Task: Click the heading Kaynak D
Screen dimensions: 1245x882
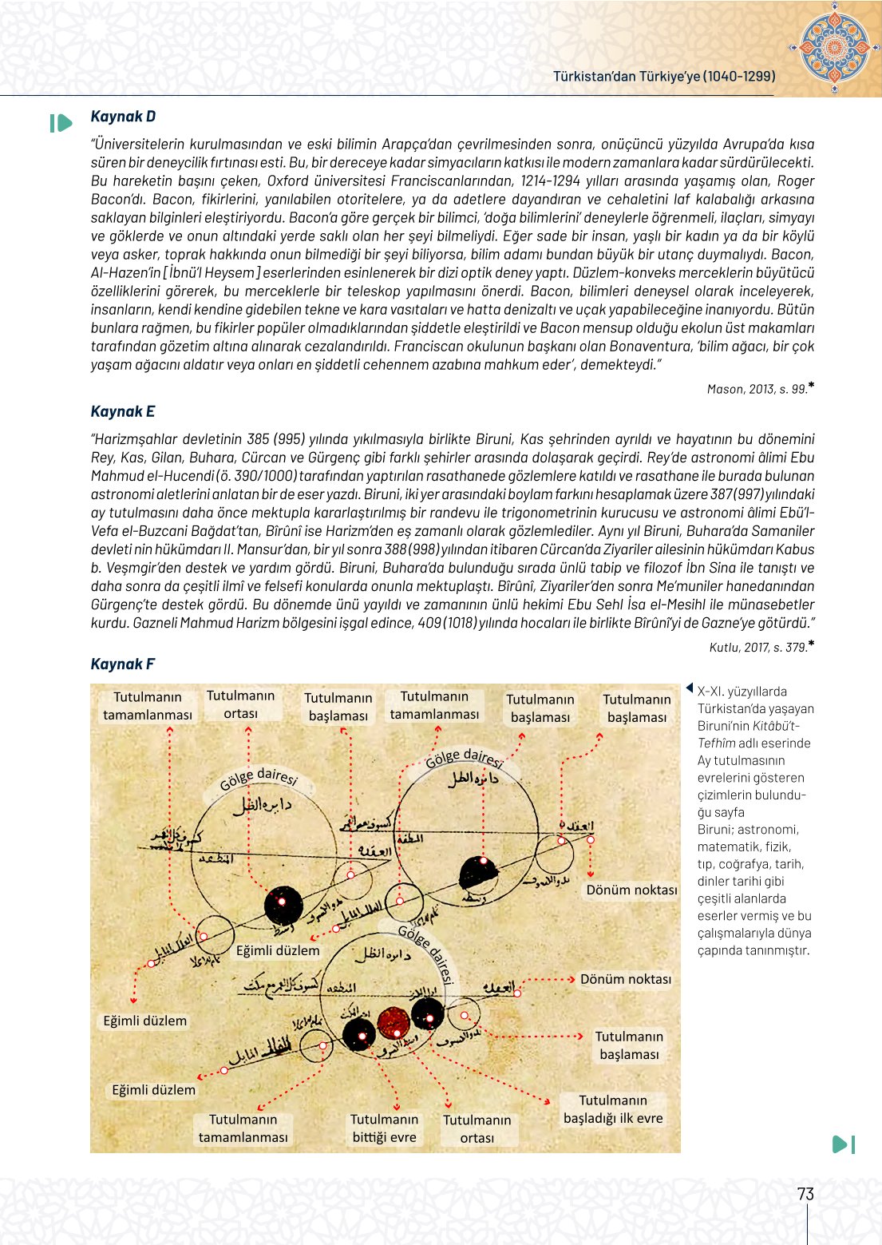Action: (123, 117)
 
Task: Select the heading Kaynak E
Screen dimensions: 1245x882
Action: (123, 412)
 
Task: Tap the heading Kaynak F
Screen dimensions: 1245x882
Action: (123, 664)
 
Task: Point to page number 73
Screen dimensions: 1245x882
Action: (805, 1194)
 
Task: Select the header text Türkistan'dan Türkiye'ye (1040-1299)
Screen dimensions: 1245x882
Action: (664, 77)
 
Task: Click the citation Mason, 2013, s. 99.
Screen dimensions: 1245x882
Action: (757, 390)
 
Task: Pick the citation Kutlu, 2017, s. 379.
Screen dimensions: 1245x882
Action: (758, 648)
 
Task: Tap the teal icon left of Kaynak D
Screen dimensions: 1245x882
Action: (61, 123)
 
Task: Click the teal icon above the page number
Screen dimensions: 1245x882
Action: (843, 1144)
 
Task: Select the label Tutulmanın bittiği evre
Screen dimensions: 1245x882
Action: (384, 1128)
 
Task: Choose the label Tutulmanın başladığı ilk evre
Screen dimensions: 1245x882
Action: (613, 1109)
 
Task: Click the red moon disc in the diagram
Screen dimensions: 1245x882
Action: (393, 1021)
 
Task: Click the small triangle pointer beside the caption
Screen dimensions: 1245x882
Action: (689, 688)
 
